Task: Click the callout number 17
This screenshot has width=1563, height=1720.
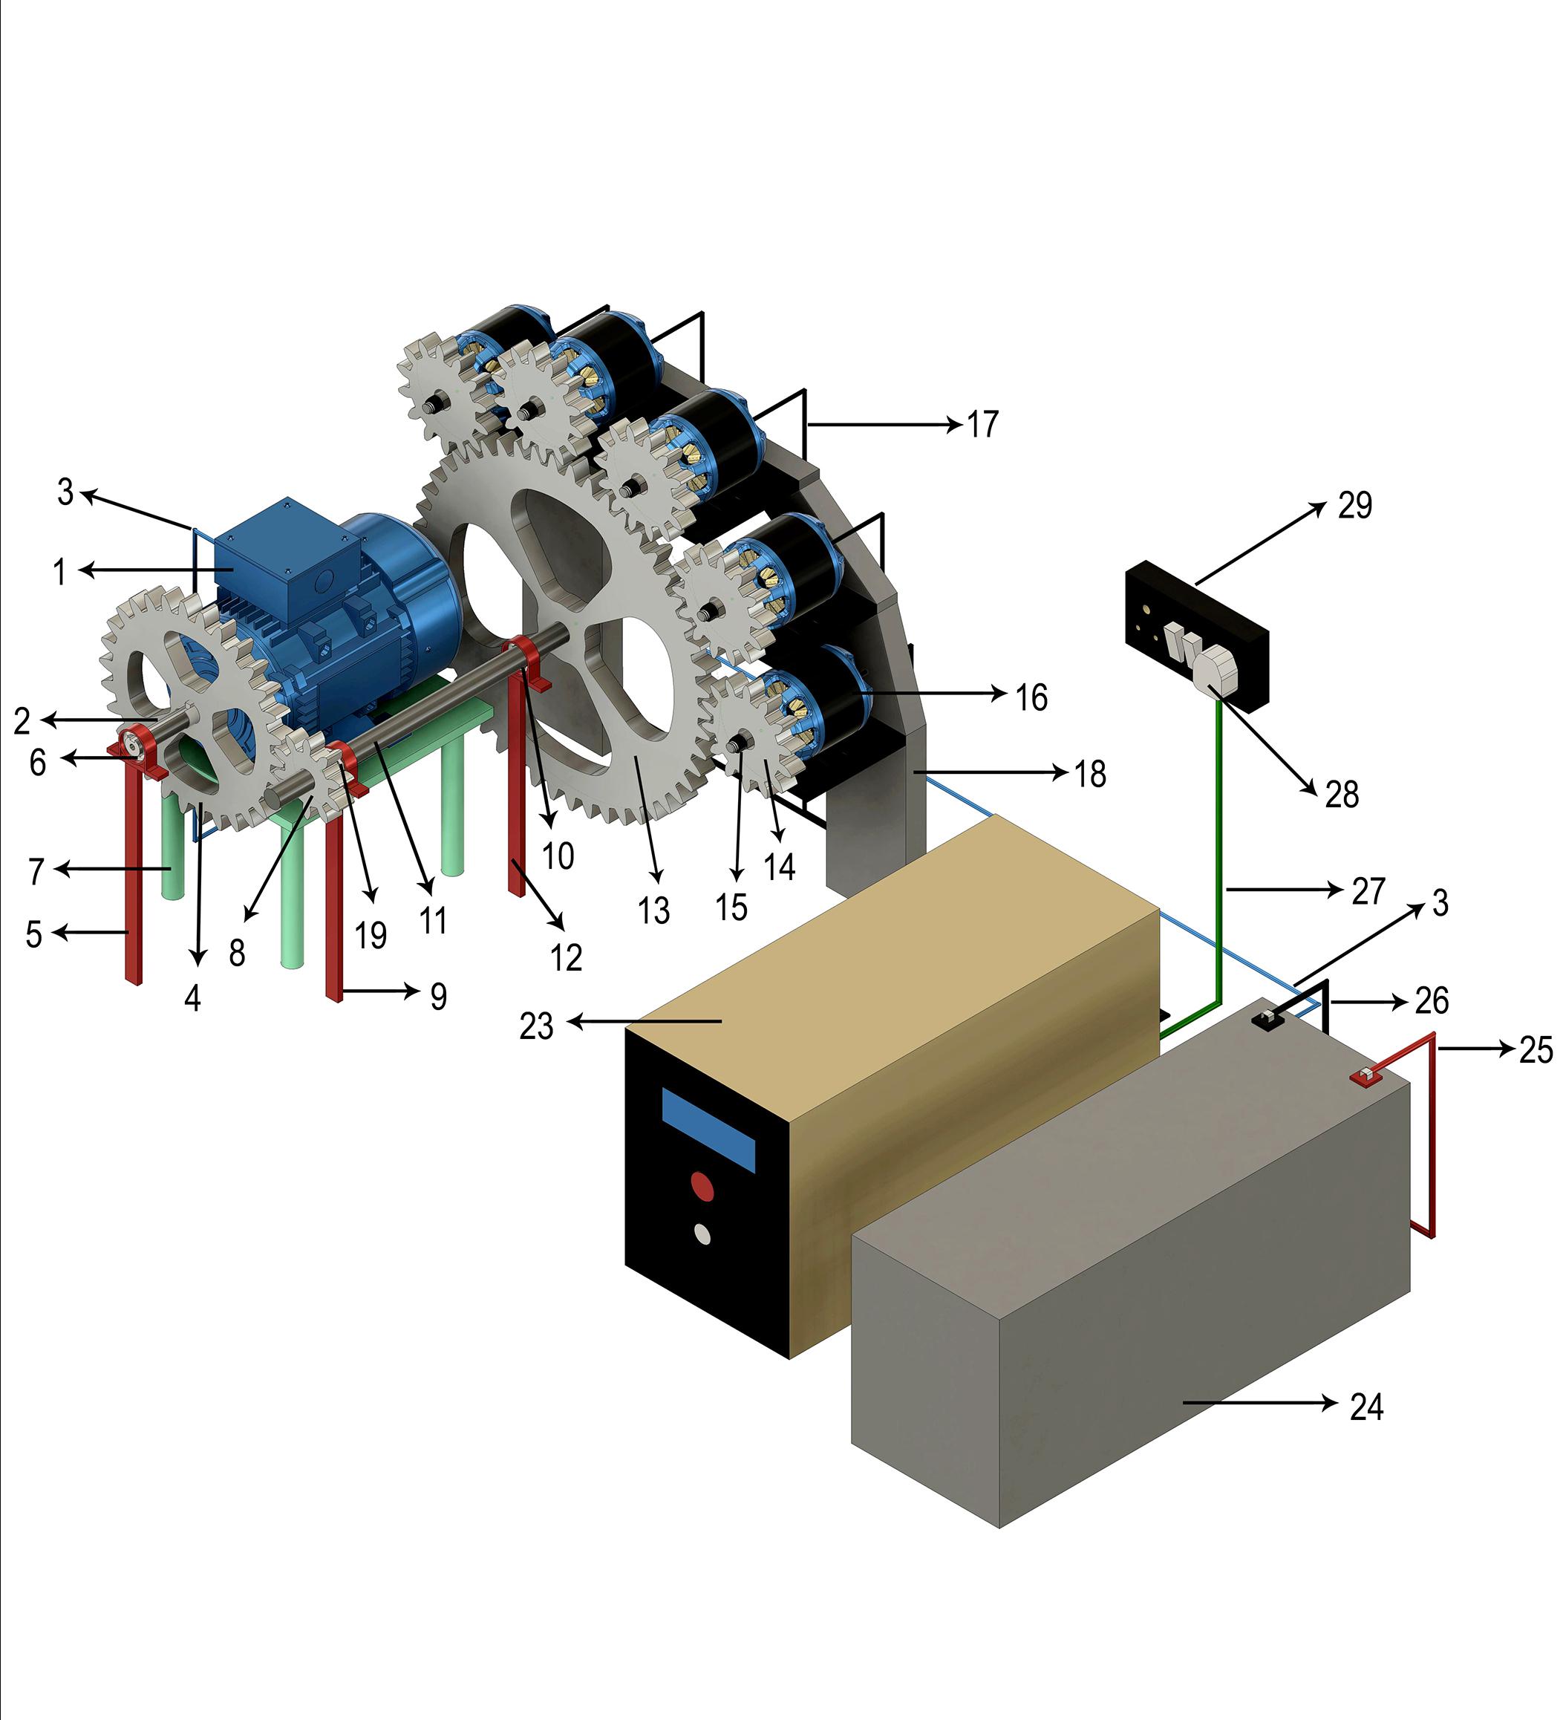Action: point(983,425)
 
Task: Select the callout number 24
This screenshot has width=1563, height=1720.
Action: point(1366,1407)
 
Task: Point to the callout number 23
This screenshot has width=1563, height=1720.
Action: point(537,1026)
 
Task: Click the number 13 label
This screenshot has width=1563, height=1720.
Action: point(653,911)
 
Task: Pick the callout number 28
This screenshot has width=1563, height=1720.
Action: point(1341,795)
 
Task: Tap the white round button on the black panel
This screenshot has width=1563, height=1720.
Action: point(703,1234)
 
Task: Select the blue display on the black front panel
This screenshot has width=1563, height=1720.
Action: point(708,1130)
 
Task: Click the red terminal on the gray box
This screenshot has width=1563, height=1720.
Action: point(1365,1078)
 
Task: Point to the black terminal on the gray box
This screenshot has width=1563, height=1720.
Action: point(1267,1018)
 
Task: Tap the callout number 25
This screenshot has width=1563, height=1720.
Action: point(1536,1050)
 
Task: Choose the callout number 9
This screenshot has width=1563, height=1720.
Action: point(437,996)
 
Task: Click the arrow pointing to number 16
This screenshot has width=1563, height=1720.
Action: point(939,694)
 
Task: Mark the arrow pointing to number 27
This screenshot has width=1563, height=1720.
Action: point(1284,890)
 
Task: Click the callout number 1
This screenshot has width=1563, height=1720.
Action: point(59,571)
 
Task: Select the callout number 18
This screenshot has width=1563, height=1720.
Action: point(1089,774)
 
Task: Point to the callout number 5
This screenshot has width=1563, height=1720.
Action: point(34,934)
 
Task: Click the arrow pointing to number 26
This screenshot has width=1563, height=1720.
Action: point(1365,1003)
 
